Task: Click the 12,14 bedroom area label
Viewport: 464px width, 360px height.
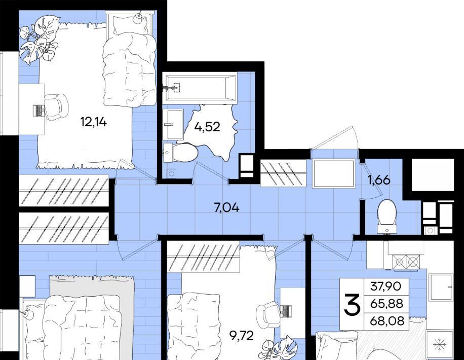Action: click(x=94, y=122)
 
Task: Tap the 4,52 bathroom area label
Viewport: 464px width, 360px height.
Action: click(x=207, y=127)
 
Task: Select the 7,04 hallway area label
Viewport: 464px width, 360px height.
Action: click(x=226, y=208)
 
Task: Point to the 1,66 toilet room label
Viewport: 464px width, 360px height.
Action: click(x=379, y=180)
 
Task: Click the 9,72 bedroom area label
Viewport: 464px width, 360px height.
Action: click(x=242, y=336)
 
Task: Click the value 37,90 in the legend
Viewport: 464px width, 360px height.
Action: click(x=386, y=286)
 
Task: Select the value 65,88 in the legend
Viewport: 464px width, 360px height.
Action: click(x=386, y=304)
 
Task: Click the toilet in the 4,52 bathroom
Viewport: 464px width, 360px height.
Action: click(x=181, y=153)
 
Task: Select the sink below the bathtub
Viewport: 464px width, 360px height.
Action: click(x=173, y=124)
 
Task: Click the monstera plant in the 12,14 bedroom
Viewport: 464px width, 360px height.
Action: click(x=38, y=40)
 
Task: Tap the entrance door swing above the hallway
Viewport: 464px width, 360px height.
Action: click(x=335, y=137)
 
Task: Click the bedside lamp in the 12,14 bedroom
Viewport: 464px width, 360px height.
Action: click(x=138, y=18)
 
